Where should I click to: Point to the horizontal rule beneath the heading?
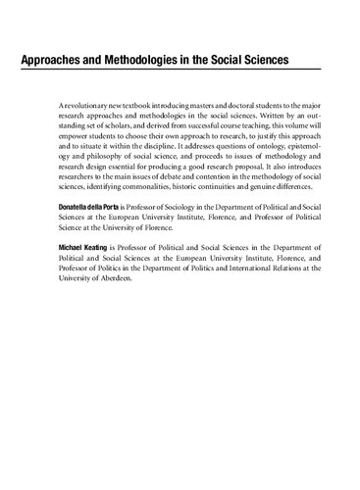coord(180,72)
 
